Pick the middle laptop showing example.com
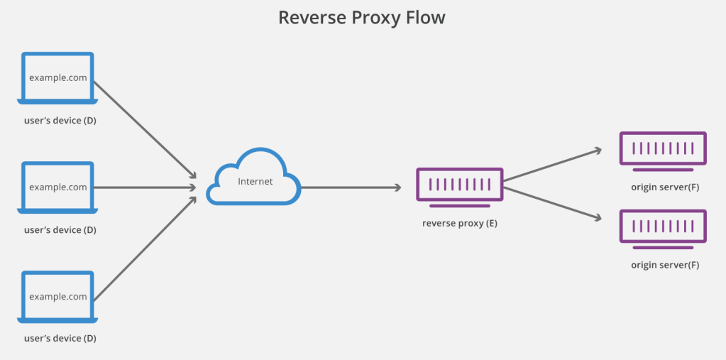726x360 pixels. pyautogui.click(x=58, y=187)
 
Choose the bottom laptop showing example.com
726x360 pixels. pyautogui.click(x=58, y=297)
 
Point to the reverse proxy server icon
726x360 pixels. pyautogui.click(x=459, y=185)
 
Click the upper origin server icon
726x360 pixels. pyautogui.click(x=662, y=149)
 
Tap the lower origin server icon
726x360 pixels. pyautogui.click(x=662, y=227)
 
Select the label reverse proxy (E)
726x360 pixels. pyautogui.click(x=459, y=224)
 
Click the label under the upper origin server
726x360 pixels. pyautogui.click(x=665, y=187)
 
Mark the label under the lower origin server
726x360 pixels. pyautogui.click(x=665, y=265)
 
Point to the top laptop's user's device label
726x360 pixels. pyautogui.click(x=60, y=121)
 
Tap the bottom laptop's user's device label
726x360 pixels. pyautogui.click(x=60, y=339)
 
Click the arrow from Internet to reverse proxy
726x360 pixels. pyautogui.click(x=351, y=187)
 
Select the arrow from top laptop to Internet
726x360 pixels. pyautogui.click(x=145, y=129)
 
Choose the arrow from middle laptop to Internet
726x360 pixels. pyautogui.click(x=145, y=187)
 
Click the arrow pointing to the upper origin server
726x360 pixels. pyautogui.click(x=552, y=165)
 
